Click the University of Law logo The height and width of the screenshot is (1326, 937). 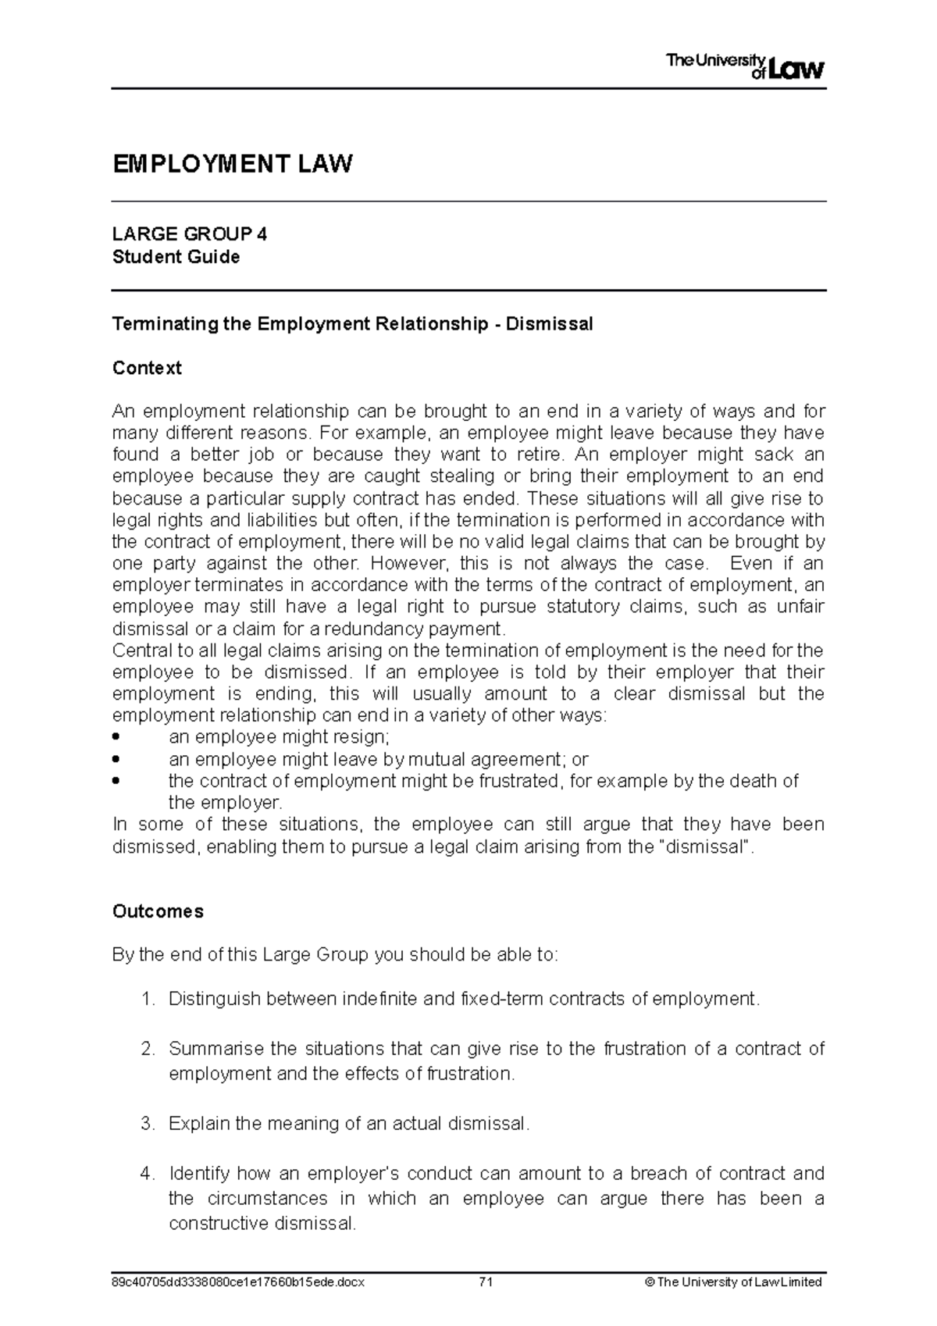(x=744, y=66)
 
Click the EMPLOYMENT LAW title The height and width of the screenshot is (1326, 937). (x=233, y=165)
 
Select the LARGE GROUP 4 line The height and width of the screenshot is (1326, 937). (x=190, y=234)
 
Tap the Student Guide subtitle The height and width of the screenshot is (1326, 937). (x=176, y=257)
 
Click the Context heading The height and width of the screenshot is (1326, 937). (x=147, y=368)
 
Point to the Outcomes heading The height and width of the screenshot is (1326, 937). (x=158, y=911)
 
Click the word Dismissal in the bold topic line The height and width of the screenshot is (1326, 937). (x=550, y=324)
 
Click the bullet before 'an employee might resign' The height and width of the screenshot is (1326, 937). (x=117, y=737)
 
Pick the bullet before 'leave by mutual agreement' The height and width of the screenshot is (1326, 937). (x=117, y=759)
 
